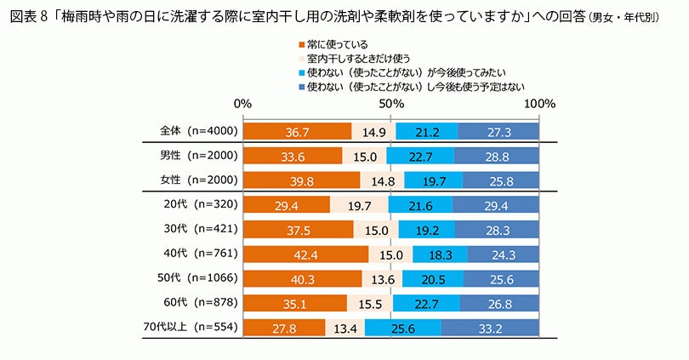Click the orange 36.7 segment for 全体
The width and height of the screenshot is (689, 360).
297,131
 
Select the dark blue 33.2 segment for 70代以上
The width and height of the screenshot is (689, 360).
490,328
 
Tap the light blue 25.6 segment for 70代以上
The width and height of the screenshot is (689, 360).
403,328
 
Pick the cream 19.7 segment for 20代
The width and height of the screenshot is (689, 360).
359,204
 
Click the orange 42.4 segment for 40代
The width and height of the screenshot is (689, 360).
305,254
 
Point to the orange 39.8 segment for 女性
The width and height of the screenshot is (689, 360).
302,180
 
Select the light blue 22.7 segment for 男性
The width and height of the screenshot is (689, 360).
420,156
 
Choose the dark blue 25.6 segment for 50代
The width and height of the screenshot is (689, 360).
501,278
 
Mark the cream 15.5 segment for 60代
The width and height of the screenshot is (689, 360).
369,303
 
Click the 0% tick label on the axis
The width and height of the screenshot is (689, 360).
243,104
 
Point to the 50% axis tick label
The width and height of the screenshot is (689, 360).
390,104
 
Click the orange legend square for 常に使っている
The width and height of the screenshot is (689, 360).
300,43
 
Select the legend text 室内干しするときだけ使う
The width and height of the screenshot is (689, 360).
359,58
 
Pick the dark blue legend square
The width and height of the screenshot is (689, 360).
300,86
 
